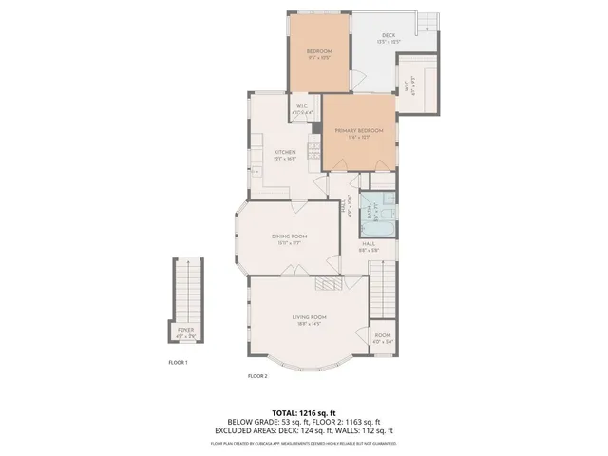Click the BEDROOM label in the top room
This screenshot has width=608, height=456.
click(x=318, y=50)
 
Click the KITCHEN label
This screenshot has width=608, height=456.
click(x=285, y=152)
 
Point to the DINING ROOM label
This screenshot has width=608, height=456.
click(x=289, y=236)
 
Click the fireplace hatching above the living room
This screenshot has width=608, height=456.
click(x=327, y=283)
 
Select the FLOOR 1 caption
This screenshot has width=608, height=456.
click(x=179, y=363)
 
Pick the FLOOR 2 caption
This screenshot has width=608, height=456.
click(x=257, y=376)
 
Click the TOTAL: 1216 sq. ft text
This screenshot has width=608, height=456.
click(x=304, y=413)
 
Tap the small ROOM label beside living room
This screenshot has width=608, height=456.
click(x=382, y=335)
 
